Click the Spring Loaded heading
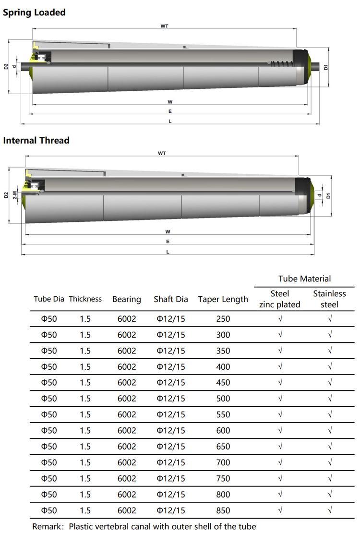tap(34, 12)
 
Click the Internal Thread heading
tap(36, 140)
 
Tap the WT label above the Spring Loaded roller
tap(164, 26)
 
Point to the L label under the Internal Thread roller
tap(168, 252)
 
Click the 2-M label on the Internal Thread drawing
tap(15, 195)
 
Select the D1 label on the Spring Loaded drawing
tap(325, 67)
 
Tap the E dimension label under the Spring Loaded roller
tap(170, 111)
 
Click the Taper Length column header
tap(223, 299)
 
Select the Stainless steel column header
tap(329, 299)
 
